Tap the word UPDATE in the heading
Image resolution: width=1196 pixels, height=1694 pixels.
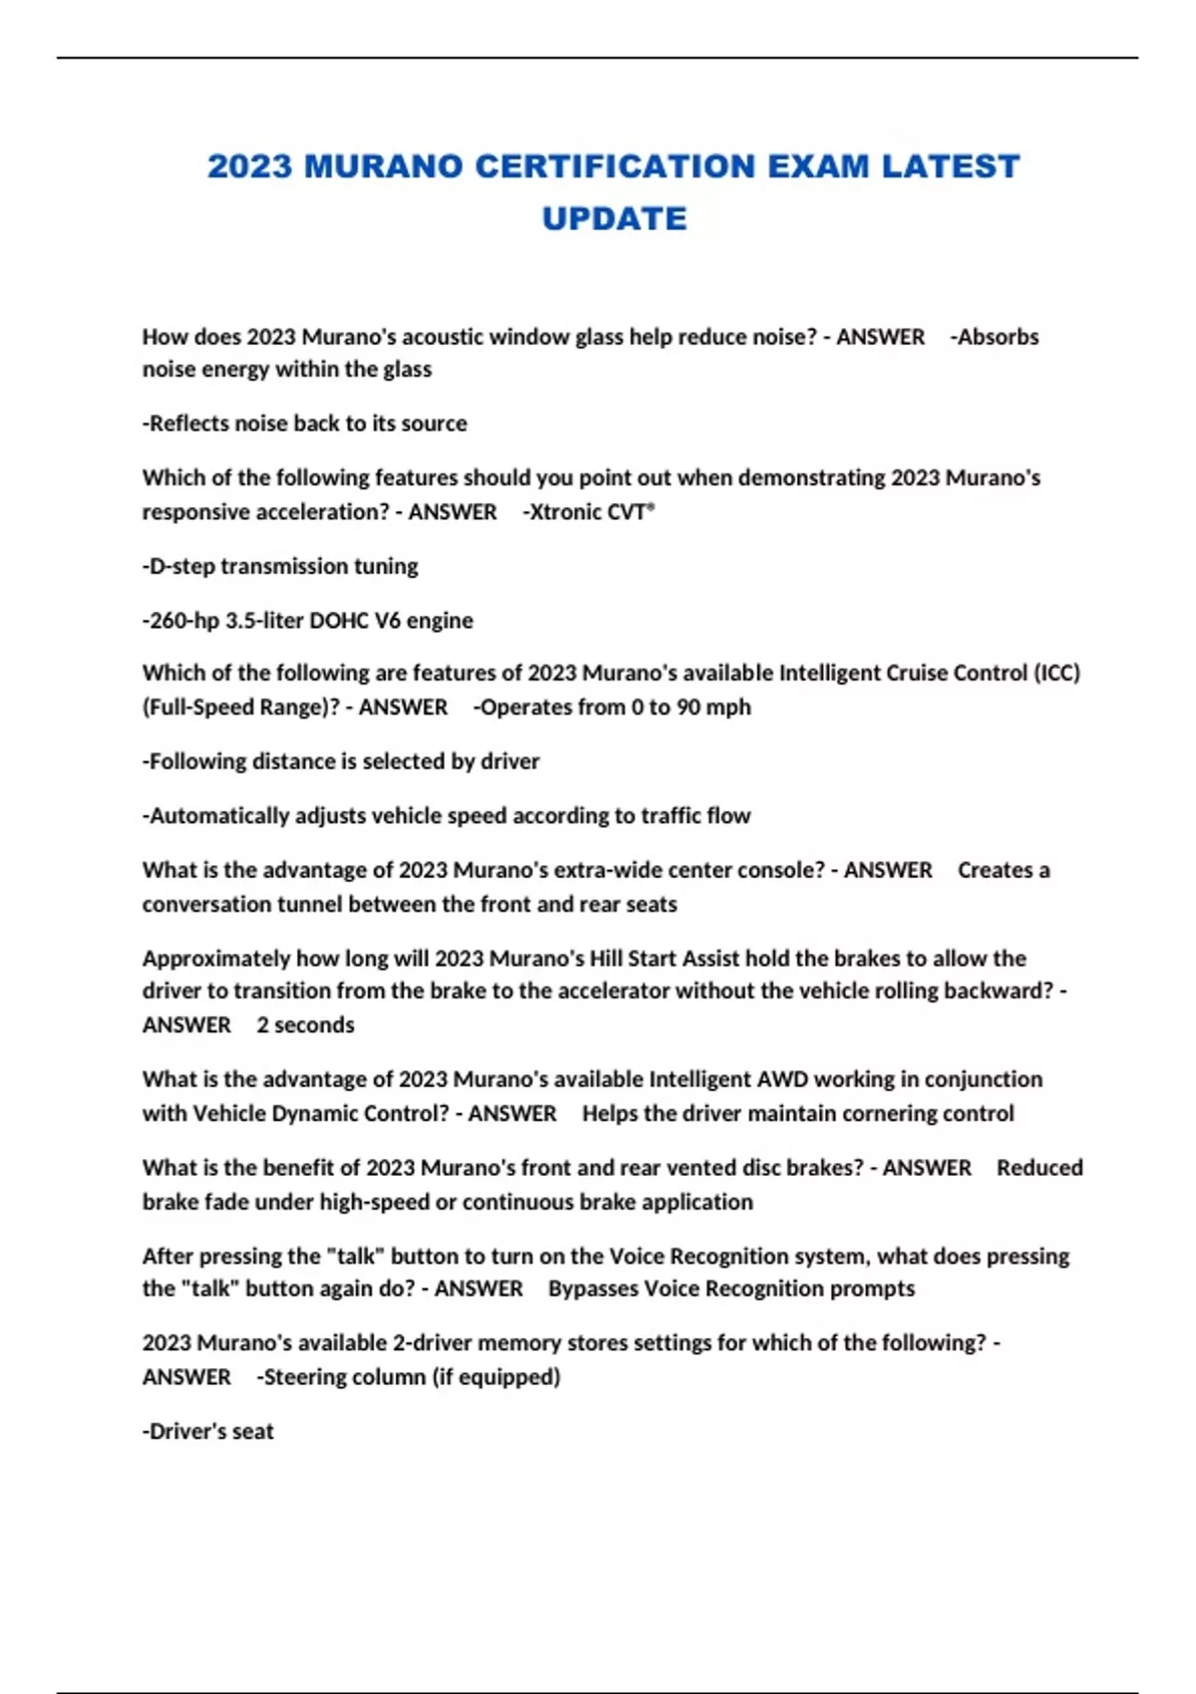coord(614,219)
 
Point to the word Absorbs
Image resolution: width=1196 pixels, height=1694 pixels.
coord(998,337)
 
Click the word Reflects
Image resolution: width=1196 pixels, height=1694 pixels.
coord(189,423)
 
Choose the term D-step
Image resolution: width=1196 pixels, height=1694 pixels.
coord(181,566)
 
